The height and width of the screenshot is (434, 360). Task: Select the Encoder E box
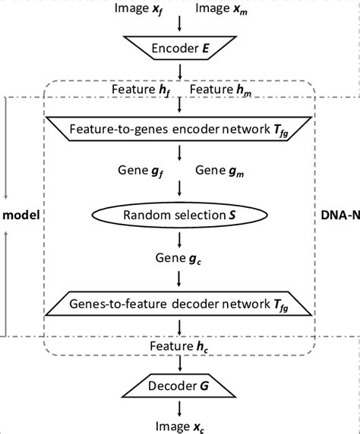click(x=180, y=49)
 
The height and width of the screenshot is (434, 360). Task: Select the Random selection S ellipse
click(x=180, y=215)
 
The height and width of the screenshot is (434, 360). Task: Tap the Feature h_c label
click(x=180, y=348)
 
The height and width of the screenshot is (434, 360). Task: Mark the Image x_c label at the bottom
click(x=180, y=426)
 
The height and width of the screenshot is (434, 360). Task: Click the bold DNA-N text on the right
click(x=341, y=216)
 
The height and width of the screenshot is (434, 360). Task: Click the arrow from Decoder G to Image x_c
click(x=180, y=409)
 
